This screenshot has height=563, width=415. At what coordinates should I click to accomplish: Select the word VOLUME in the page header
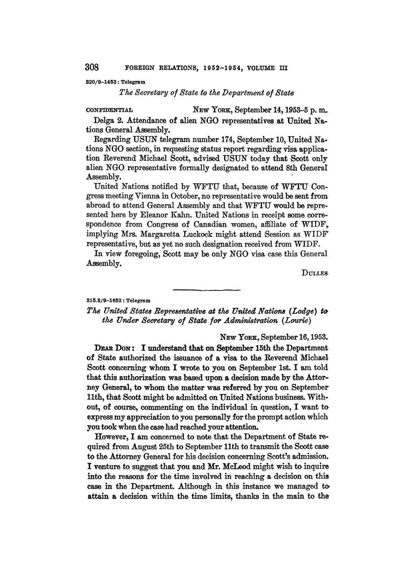coord(258,68)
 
